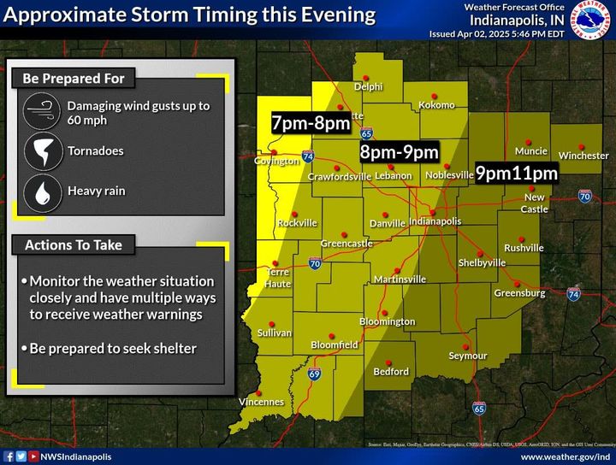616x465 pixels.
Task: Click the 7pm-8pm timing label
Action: pos(311,123)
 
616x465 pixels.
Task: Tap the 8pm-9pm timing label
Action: pos(398,152)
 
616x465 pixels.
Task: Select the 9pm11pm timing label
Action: pos(517,174)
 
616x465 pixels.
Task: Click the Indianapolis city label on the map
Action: pos(435,221)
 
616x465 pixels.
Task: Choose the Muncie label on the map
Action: pos(530,151)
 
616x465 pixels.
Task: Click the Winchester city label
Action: pos(583,156)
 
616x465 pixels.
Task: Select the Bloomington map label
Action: pos(387,321)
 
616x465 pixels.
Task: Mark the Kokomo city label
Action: pos(436,105)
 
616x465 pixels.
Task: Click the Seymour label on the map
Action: pos(468,356)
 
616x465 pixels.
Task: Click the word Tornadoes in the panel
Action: pos(95,150)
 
